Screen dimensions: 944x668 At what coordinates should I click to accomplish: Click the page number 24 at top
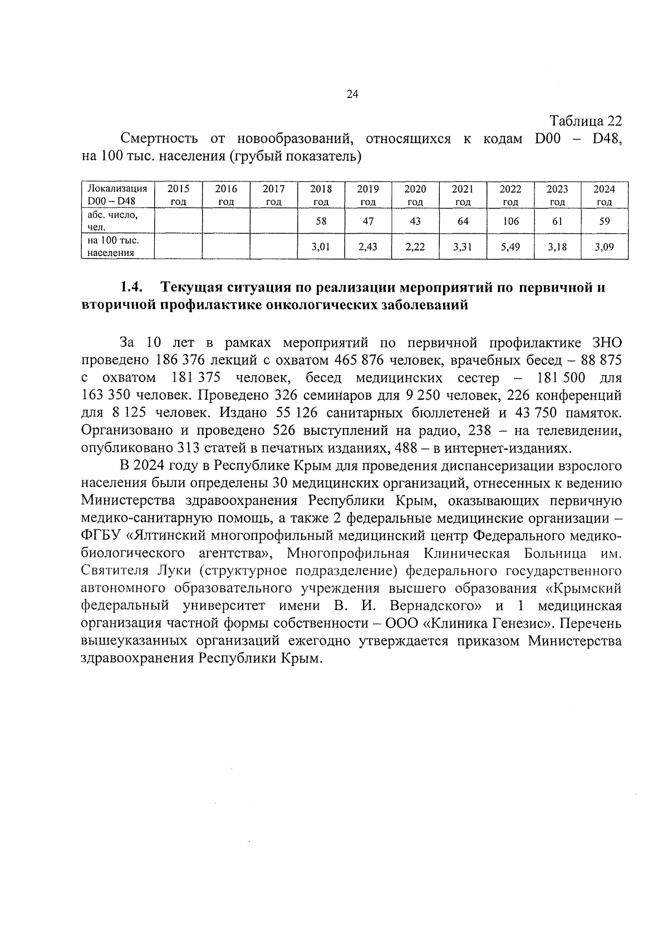352,94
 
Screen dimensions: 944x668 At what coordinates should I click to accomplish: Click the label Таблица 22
585,121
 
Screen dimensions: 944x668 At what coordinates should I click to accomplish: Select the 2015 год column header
178,195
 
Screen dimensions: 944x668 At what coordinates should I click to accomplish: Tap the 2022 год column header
510,195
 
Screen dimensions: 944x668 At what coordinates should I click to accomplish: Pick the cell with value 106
510,221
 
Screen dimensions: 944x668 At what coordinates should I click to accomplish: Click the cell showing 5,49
510,247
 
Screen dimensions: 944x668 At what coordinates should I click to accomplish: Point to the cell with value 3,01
321,247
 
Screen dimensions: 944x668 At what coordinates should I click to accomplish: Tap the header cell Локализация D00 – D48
117,195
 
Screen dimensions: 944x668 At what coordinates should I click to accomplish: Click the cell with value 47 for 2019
368,221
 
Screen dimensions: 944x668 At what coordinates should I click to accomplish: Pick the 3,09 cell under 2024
604,247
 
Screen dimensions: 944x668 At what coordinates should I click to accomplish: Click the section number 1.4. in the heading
132,288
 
